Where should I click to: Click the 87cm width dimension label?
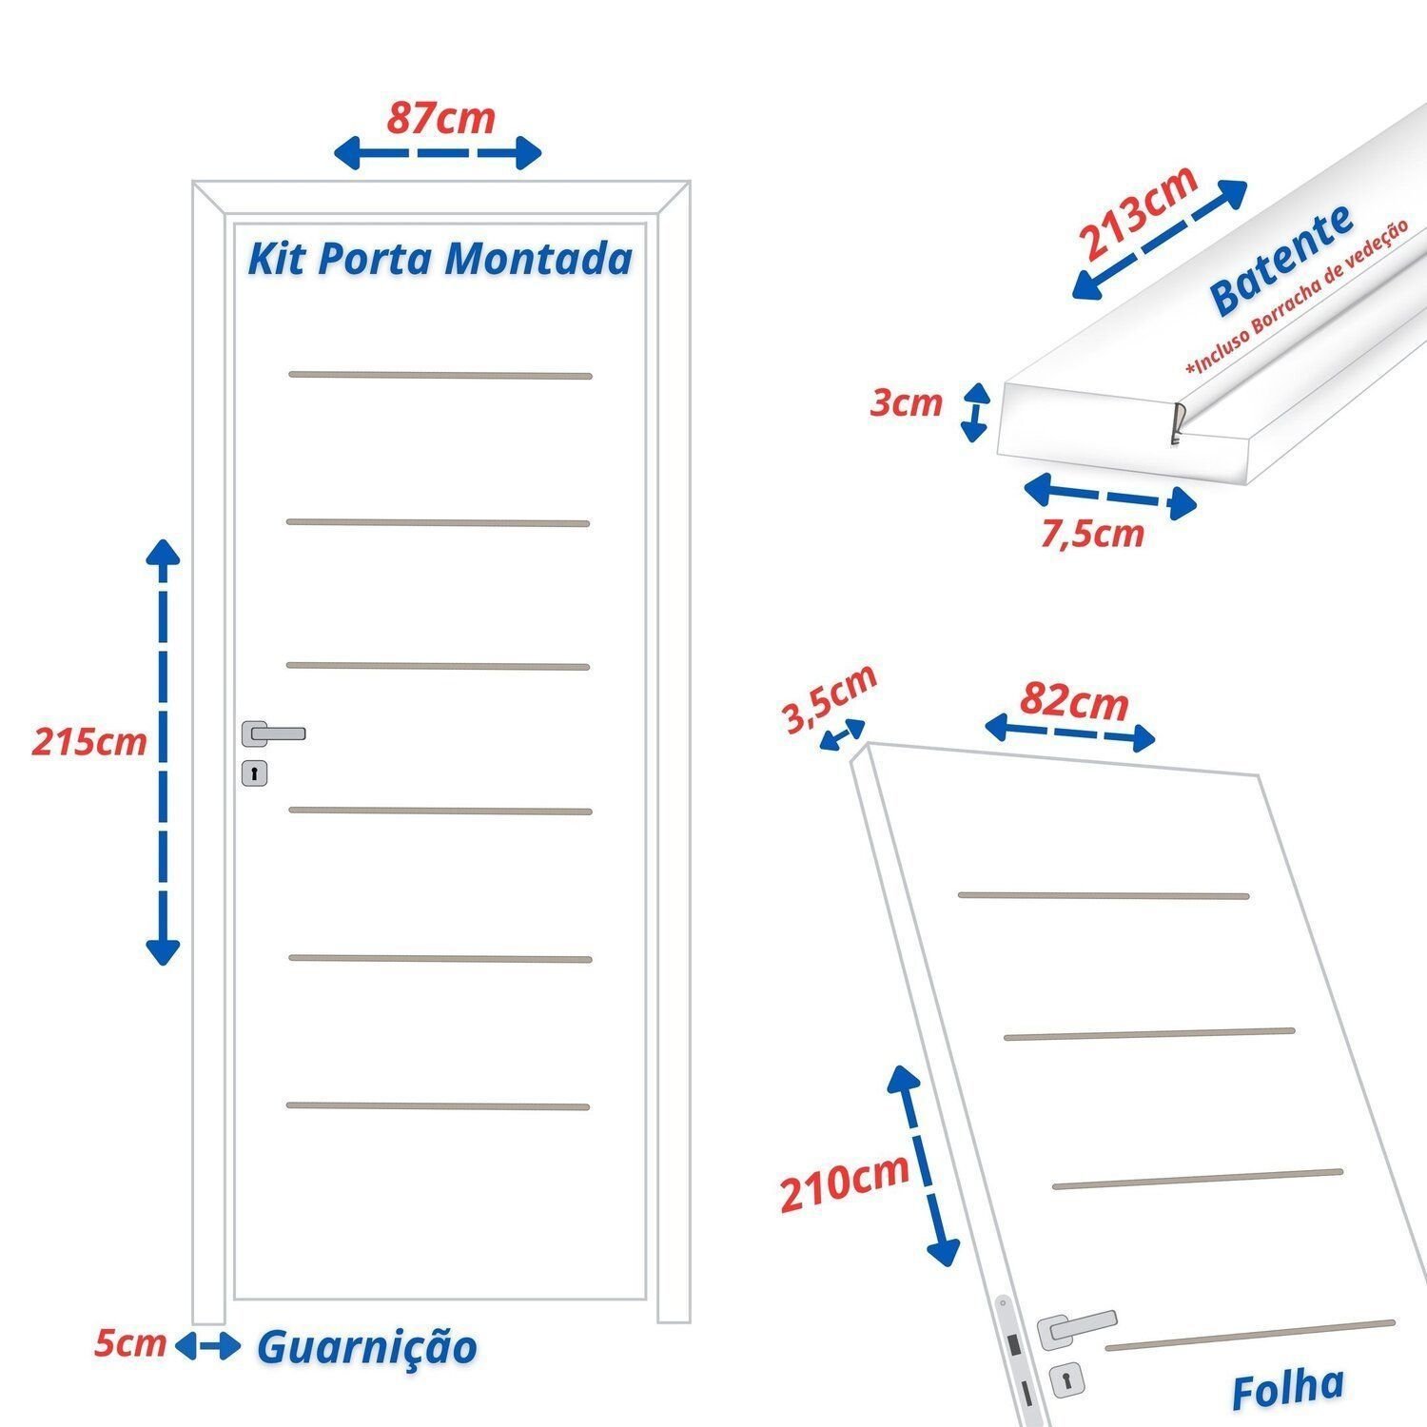[x=440, y=118]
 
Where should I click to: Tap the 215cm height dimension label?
[x=89, y=741]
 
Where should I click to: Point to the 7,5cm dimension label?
[x=1092, y=534]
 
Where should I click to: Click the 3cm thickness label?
[x=907, y=402]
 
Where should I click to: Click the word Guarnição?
[x=367, y=1348]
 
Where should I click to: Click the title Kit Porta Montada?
[x=440, y=259]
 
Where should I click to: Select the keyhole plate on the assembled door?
[x=254, y=773]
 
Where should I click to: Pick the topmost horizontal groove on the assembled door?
[x=440, y=375]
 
